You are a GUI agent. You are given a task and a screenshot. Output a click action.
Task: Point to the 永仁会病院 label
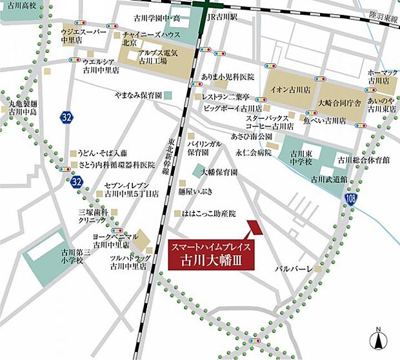click(251, 154)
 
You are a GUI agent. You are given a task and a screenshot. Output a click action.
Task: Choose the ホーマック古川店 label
click(378, 78)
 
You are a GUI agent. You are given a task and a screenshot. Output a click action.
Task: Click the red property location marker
click(252, 228)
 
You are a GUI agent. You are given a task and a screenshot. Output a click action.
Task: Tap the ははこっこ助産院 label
click(209, 213)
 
